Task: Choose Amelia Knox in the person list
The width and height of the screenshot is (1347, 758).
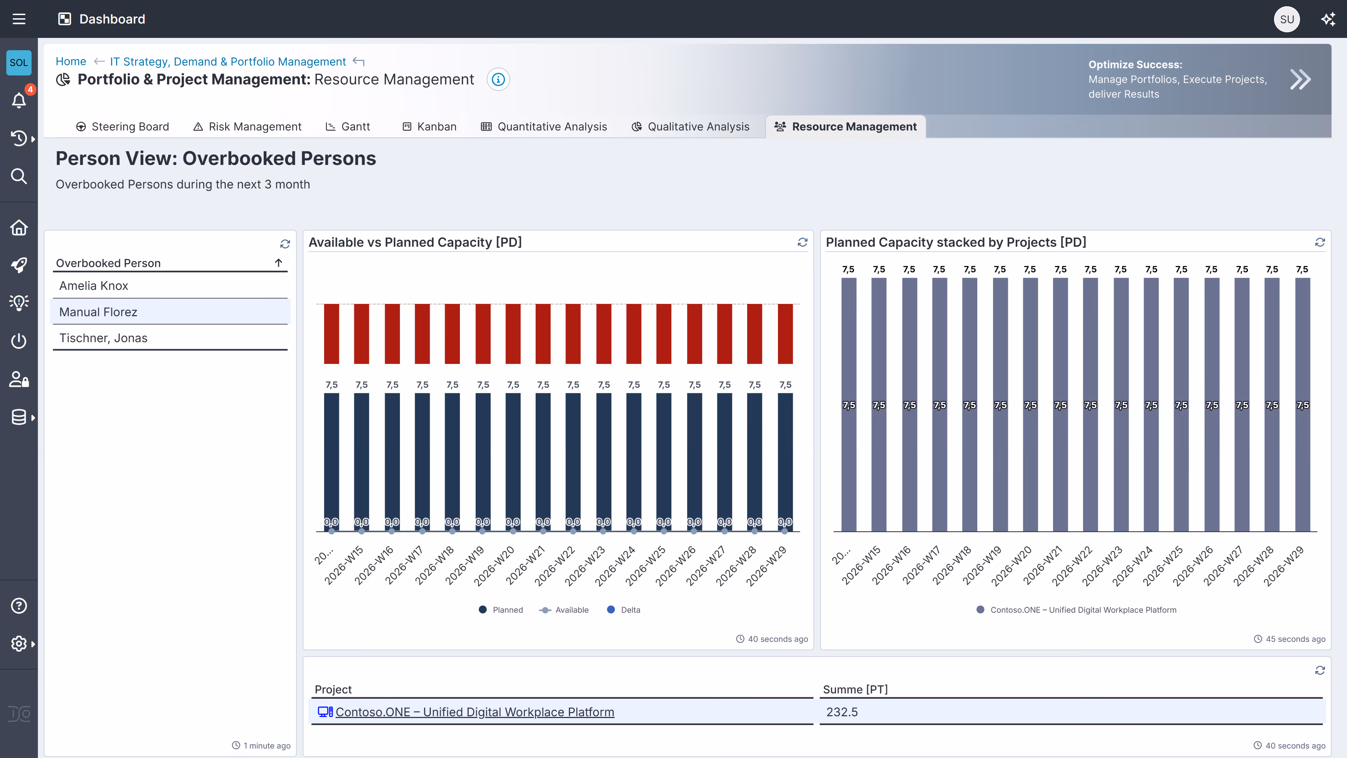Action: (94, 286)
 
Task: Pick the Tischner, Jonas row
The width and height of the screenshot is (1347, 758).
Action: (103, 338)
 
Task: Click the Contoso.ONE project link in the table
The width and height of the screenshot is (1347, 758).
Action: (474, 712)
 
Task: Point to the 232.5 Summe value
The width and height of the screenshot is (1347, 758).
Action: (842, 712)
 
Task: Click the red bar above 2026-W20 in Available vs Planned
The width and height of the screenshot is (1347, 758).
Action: (513, 334)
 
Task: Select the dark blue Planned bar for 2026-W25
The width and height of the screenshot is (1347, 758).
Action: (664, 460)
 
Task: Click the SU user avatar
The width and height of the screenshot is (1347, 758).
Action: (1286, 19)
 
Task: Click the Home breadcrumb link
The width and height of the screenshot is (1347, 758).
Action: (71, 61)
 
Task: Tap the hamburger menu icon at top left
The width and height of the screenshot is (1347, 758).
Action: (19, 19)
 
